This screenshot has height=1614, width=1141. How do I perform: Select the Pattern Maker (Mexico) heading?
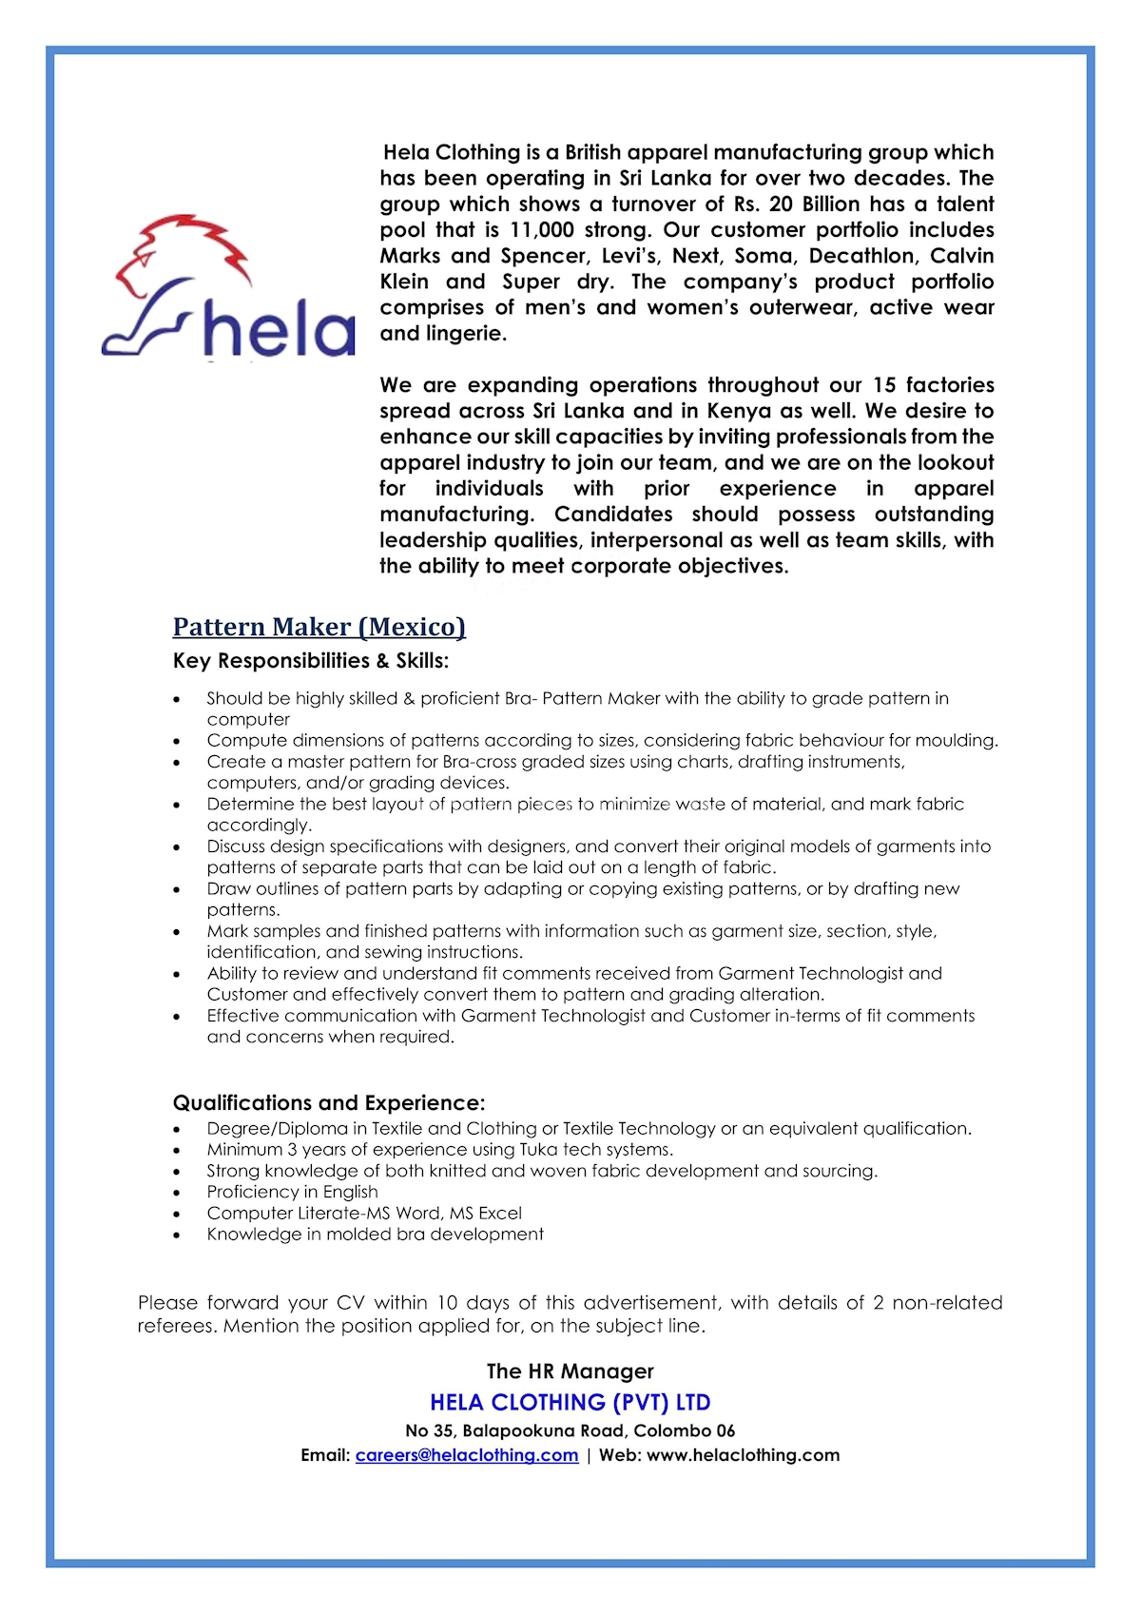click(319, 627)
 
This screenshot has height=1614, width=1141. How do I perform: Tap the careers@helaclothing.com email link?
click(466, 1455)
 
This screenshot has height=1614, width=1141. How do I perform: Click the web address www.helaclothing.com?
click(743, 1455)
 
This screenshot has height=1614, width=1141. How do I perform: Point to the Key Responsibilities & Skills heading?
click(310, 661)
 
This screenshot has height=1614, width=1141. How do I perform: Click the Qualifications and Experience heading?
click(328, 1103)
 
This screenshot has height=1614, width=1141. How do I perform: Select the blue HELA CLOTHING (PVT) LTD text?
click(570, 1403)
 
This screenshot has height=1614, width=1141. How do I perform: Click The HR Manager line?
click(570, 1371)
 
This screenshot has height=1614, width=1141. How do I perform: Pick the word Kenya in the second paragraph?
click(739, 411)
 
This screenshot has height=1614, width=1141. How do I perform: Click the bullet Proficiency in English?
click(292, 1193)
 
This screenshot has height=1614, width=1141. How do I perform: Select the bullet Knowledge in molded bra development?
click(375, 1235)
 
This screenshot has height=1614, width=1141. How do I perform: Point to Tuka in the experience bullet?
click(538, 1150)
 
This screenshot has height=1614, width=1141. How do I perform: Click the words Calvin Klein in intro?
click(961, 256)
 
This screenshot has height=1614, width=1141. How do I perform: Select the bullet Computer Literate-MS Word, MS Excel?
click(364, 1214)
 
